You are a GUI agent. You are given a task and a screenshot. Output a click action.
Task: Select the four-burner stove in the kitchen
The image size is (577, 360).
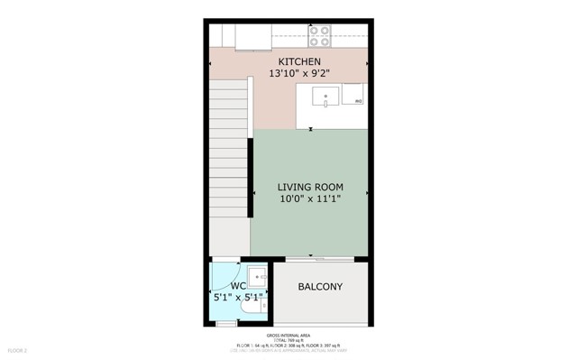319,36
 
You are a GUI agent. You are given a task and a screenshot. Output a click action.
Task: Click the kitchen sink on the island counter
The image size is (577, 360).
325,96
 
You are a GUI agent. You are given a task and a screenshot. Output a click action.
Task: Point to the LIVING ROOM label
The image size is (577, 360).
310,188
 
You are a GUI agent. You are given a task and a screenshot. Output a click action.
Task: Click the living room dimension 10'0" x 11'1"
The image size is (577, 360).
310,199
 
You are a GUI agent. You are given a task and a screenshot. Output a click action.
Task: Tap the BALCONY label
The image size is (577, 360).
320,287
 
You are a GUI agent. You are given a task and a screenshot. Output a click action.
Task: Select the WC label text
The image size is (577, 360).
238,286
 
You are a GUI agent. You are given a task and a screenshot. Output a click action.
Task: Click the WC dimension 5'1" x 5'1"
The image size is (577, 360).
238,297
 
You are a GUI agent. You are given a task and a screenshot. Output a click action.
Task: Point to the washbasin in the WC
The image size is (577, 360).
259,278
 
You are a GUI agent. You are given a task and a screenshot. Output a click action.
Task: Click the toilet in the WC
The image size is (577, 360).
261,306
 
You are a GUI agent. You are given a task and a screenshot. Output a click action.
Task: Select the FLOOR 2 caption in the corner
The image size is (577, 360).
18,350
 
